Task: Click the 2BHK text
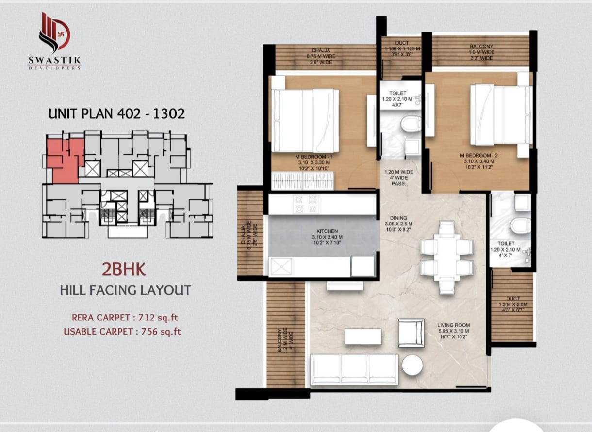pyautogui.click(x=123, y=268)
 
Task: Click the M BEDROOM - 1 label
pyautogui.click(x=316, y=157)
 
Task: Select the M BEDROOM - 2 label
pyautogui.click(x=476, y=156)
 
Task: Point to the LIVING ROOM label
pyautogui.click(x=453, y=325)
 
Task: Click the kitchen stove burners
pyautogui.click(x=306, y=204)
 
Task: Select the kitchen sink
pyautogui.click(x=280, y=266)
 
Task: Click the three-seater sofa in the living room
pyautogui.click(x=354, y=369)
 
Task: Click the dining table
pyautogui.click(x=446, y=257)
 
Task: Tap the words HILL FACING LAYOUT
pyautogui.click(x=125, y=290)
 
